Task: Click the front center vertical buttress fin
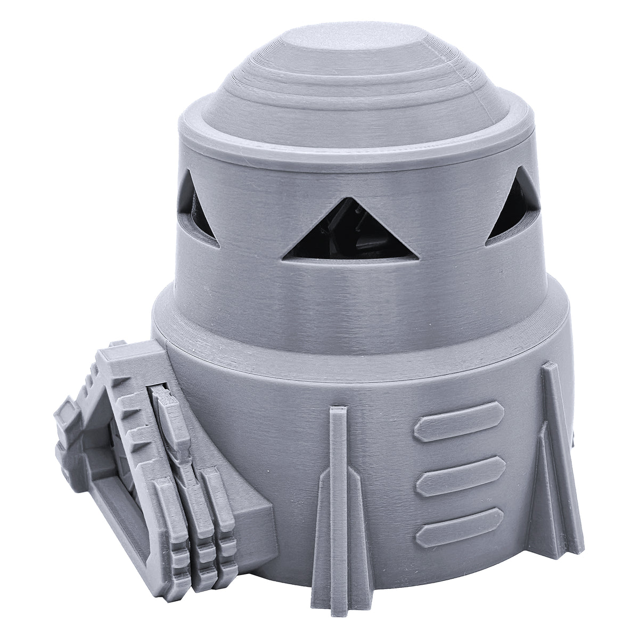[335, 495]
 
